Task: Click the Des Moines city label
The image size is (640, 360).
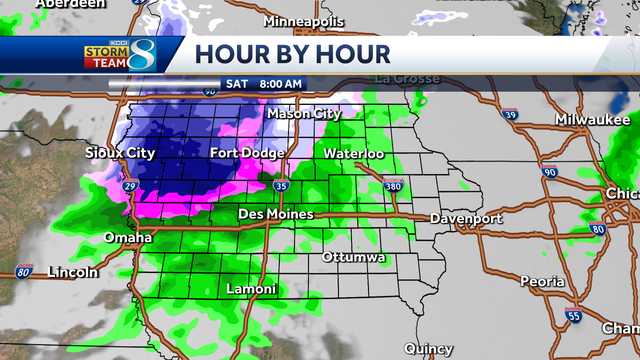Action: (275, 214)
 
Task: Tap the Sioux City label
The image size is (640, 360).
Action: (121, 153)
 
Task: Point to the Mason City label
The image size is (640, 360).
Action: (304, 114)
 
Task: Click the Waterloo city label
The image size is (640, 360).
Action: (353, 154)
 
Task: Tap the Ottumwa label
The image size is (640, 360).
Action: (354, 258)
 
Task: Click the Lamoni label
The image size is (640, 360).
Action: (251, 289)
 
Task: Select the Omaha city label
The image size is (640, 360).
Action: (128, 238)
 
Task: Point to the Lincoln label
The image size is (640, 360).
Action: (73, 272)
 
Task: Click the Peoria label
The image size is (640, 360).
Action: (542, 282)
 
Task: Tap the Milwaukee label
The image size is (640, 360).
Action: (590, 120)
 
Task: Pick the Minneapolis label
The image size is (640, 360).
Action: (304, 21)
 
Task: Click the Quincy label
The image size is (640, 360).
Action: (429, 348)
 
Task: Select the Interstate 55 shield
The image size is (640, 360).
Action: (571, 316)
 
